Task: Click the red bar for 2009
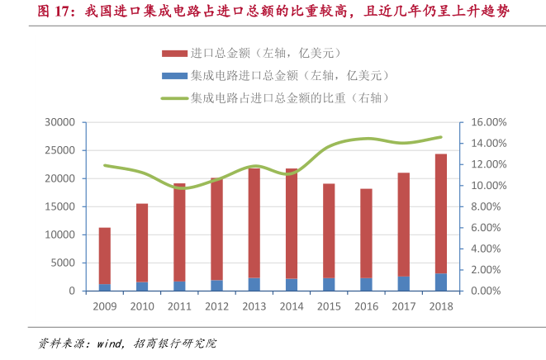105,256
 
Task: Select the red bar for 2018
441,214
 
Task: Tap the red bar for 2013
254,223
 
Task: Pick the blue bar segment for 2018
441,282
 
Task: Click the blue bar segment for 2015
329,285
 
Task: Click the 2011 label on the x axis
179,306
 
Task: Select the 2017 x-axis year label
403,306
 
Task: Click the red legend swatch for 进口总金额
174,53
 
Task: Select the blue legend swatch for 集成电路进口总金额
174,75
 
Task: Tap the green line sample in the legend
174,97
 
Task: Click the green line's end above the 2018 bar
441,137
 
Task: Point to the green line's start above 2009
105,165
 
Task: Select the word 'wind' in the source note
110,343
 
